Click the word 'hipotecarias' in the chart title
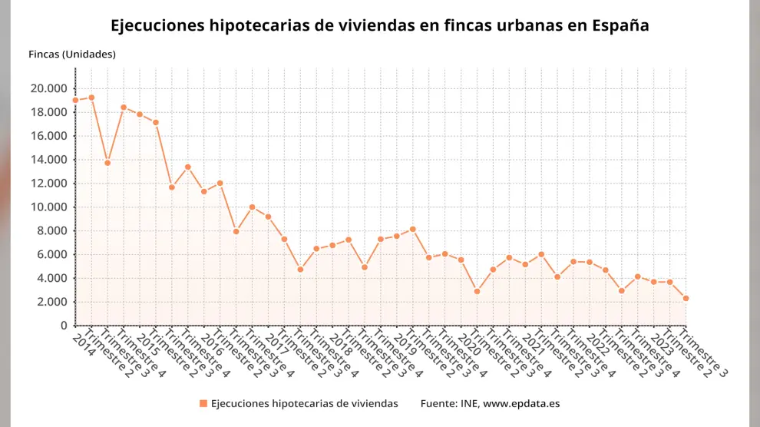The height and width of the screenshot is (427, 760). (256, 25)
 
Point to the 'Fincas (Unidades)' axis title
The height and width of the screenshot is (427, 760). (71, 54)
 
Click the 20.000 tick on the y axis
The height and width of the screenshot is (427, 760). (48, 88)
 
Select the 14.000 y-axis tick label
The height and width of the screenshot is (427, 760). (48, 160)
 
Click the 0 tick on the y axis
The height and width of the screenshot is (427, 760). (64, 326)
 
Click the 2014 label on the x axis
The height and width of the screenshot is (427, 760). (81, 339)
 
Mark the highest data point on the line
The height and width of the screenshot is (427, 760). (91, 98)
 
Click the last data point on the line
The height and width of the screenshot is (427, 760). (686, 298)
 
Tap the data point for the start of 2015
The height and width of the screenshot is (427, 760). (140, 114)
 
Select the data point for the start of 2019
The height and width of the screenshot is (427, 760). (397, 236)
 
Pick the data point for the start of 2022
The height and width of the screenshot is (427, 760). (590, 263)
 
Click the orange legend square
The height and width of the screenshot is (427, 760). (203, 403)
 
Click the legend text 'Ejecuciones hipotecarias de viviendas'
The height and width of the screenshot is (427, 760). (304, 403)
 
